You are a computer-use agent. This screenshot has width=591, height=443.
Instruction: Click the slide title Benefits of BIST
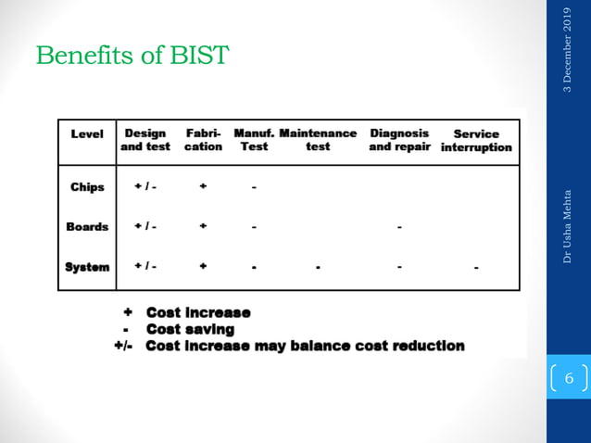tap(132, 57)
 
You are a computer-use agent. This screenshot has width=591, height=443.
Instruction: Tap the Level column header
tap(87, 133)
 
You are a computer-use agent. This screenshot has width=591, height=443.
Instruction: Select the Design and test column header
tap(145, 140)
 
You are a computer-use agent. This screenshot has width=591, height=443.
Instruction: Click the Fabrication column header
tap(203, 140)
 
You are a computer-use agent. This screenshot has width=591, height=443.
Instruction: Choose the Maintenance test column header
tap(318, 140)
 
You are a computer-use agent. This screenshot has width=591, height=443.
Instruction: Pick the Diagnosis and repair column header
tap(400, 140)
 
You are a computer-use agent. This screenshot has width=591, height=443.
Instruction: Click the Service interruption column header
tap(476, 140)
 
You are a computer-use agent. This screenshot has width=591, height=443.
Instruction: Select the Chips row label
tap(87, 187)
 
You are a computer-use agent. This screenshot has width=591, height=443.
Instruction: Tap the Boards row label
tap(87, 227)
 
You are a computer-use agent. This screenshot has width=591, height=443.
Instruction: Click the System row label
tap(87, 267)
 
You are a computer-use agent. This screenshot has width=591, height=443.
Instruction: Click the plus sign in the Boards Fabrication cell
tap(203, 226)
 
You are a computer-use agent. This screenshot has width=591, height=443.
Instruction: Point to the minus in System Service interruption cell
tap(476, 269)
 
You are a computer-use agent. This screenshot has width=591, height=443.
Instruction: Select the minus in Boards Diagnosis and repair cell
tap(398, 227)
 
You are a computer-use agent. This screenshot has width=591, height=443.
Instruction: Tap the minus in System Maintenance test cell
tap(317, 269)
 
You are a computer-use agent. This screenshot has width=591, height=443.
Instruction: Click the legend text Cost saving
tap(190, 329)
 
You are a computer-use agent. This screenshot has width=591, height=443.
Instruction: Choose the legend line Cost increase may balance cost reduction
tap(305, 346)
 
